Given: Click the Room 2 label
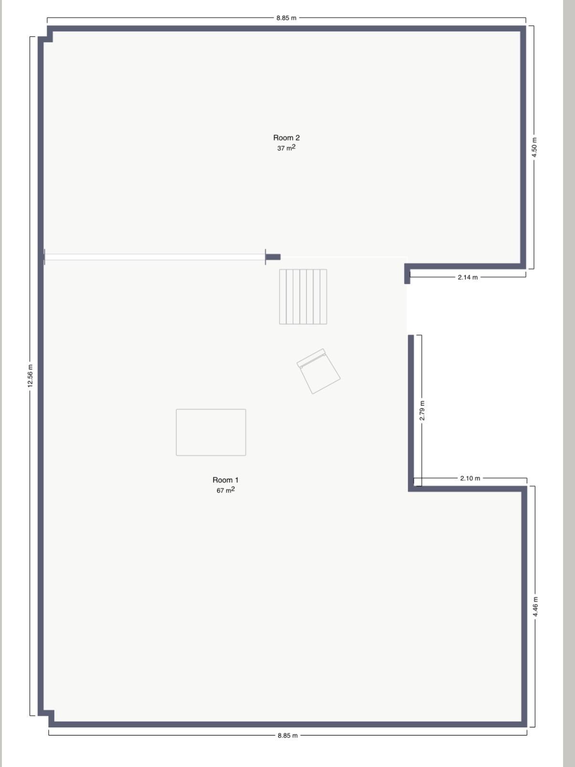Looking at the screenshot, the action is tap(286, 137).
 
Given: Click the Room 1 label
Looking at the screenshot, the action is tap(225, 480).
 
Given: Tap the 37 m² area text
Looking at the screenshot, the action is tap(286, 148).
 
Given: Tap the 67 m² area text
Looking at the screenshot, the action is tap(225, 490).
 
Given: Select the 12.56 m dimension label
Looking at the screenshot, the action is tap(31, 376).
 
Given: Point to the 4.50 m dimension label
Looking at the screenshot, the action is tap(534, 147).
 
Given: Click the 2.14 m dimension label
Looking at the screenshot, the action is tap(468, 277).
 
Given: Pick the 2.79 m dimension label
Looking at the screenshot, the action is tap(422, 410).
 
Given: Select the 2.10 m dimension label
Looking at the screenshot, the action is tap(470, 478).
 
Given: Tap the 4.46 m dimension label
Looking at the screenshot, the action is tap(535, 607).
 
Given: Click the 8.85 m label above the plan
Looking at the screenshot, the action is tap(286, 18).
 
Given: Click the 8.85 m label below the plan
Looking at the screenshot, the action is tap(287, 735).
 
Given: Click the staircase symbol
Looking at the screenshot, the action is tap(303, 297).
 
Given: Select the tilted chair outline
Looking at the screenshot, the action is tap(318, 371).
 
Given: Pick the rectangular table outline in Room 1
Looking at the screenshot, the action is tap(210, 432).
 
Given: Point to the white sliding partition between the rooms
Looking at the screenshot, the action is tap(155, 257).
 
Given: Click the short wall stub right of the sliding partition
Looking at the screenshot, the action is tap(273, 257).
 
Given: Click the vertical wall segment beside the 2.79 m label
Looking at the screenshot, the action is tap(411, 410).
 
